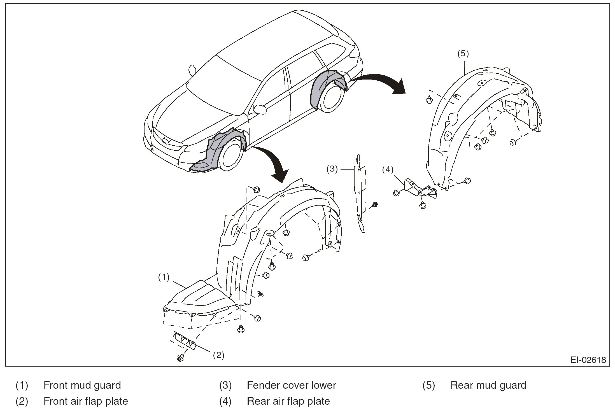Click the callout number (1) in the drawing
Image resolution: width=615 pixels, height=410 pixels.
[x=164, y=277]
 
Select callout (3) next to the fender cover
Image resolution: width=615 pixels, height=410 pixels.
[x=332, y=169]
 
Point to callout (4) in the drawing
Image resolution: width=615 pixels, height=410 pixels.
[x=388, y=169]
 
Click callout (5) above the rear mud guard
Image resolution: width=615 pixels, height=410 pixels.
[x=463, y=53]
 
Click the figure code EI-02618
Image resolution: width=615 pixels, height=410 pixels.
[x=588, y=360]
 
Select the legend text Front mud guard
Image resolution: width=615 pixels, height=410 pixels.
[x=82, y=385]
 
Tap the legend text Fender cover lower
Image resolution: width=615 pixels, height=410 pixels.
[x=291, y=385]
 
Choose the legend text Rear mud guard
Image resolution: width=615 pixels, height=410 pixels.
[x=488, y=385]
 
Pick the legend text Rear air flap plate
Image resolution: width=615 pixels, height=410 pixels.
[x=288, y=401]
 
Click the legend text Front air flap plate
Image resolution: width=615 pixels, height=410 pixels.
[x=86, y=401]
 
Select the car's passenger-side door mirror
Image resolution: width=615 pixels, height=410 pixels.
[x=260, y=109]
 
